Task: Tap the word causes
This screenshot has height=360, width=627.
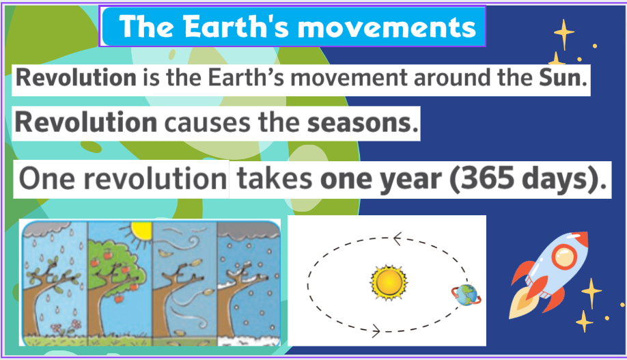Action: [x=208, y=123]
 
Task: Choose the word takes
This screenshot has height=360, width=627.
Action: [x=275, y=178]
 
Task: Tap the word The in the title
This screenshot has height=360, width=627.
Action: [x=146, y=27]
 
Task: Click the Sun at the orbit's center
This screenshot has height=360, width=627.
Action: [x=389, y=282]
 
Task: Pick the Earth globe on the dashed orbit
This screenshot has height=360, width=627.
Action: [x=466, y=295]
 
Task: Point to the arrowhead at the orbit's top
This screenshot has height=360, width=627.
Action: [x=397, y=239]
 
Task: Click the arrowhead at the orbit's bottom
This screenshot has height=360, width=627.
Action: [x=376, y=331]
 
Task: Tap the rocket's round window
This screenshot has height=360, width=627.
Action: [x=563, y=256]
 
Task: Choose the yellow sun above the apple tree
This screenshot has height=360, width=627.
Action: [x=141, y=230]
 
